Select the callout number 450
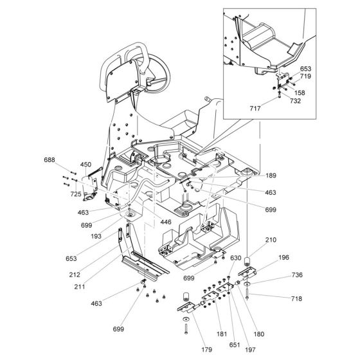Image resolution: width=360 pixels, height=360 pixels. pyautogui.click(x=86, y=165)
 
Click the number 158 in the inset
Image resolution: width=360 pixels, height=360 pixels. pyautogui.click(x=300, y=93)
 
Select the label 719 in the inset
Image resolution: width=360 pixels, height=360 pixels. pyautogui.click(x=306, y=76)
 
